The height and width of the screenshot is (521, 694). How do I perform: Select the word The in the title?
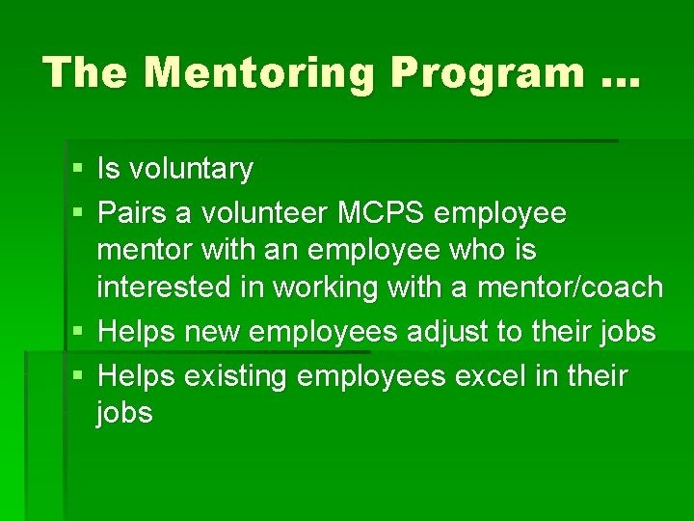83,72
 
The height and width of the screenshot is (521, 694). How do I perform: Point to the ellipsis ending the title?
616,77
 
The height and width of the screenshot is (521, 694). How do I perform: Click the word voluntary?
190,170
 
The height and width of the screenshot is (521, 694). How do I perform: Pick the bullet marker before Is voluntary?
77,171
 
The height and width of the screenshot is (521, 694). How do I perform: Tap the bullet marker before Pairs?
77,211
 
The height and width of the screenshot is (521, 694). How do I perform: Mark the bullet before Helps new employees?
77,333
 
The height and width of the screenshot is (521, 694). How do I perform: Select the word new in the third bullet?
212,333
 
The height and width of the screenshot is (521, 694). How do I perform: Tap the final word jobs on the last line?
124,415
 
